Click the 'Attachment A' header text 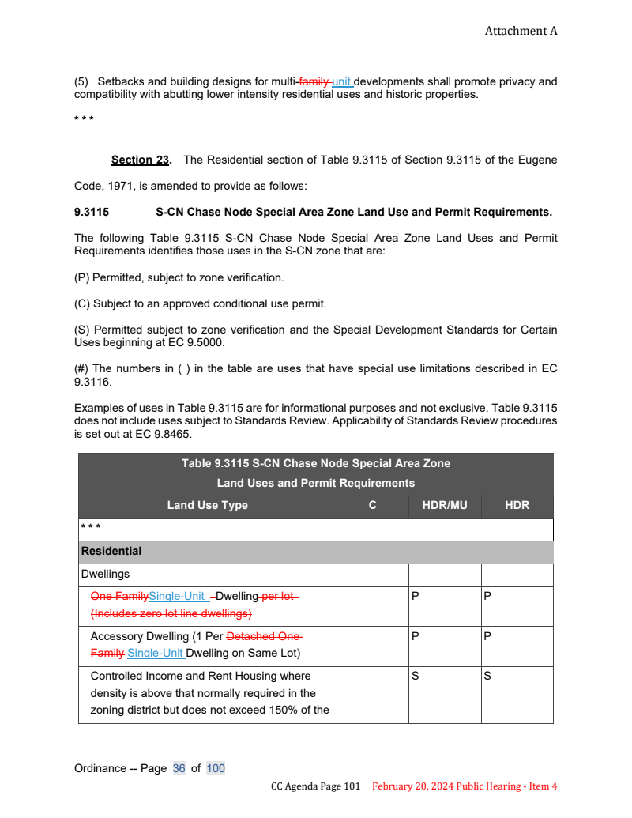click(x=521, y=31)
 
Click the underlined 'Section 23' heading click(x=141, y=160)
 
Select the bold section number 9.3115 click(x=92, y=213)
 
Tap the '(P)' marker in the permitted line click(x=82, y=277)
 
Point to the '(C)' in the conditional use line click(x=82, y=303)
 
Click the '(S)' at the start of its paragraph click(x=82, y=330)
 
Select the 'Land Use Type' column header click(x=207, y=505)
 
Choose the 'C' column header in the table click(x=372, y=505)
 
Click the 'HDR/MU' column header click(x=445, y=505)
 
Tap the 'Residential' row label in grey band click(x=111, y=551)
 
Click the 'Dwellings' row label click(x=105, y=575)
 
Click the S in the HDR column click(x=487, y=676)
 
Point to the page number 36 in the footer click(x=179, y=768)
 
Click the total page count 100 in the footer click(x=216, y=768)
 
